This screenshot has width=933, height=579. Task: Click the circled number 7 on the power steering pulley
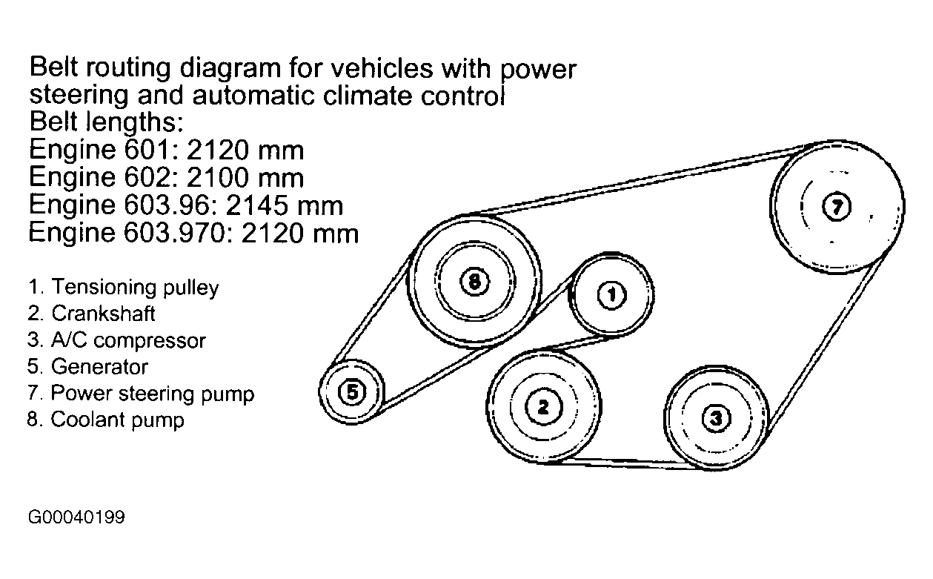point(837,207)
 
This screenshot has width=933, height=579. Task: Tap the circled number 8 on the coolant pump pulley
point(474,281)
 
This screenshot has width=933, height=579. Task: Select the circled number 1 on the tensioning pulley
point(611,296)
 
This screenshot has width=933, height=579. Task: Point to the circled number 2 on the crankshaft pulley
point(543,406)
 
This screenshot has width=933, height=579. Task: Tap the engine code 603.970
point(196,234)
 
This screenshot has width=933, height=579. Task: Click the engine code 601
point(136,150)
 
